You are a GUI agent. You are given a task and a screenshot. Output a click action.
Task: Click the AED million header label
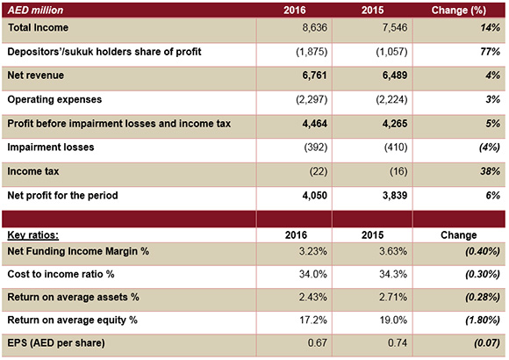[35, 10]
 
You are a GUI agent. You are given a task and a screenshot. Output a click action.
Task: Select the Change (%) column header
[458, 10]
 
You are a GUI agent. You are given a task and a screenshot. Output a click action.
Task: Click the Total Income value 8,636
[314, 27]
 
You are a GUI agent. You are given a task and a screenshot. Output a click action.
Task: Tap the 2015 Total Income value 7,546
[395, 27]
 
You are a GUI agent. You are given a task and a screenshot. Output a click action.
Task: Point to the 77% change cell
[491, 52]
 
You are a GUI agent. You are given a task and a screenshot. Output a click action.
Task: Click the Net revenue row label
[36, 76]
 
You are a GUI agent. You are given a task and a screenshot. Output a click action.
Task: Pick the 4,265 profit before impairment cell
[395, 124]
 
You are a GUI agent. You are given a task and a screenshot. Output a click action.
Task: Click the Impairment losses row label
[51, 148]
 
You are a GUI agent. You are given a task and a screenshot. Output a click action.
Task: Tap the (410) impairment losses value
[396, 148]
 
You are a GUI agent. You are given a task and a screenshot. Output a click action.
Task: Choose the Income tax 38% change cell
[491, 171]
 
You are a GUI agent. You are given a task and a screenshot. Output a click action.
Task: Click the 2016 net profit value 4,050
[314, 195]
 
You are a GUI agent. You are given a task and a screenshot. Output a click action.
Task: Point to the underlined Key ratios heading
[33, 235]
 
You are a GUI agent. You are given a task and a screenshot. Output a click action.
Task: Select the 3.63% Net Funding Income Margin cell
[393, 251]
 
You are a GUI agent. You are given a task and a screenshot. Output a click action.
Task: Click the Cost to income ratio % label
[61, 274]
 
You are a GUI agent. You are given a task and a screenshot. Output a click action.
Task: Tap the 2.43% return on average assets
[313, 298]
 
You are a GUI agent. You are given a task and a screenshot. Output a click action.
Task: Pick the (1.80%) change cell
[483, 320]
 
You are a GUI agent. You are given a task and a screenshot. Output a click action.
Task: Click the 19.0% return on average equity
[393, 320]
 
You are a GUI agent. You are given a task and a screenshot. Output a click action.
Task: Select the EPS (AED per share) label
[56, 343]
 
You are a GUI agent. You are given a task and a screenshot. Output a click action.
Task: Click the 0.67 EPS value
[317, 343]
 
